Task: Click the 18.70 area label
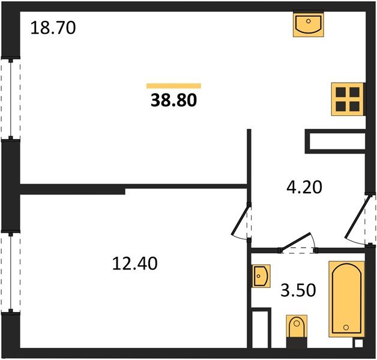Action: click(53, 28)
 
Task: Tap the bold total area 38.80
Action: click(173, 100)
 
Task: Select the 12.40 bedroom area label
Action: click(135, 263)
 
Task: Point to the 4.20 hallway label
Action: click(304, 187)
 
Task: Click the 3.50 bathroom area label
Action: click(298, 290)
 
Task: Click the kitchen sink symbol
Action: click(309, 24)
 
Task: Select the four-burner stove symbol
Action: click(348, 99)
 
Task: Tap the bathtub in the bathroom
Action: click(346, 299)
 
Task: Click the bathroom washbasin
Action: click(261, 276)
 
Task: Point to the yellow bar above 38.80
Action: click(173, 86)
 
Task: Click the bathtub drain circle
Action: click(346, 327)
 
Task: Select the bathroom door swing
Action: click(298, 243)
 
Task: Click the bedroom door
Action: click(241, 221)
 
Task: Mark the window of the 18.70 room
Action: click(11, 98)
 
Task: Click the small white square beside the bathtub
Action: click(359, 343)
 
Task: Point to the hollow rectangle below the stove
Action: click(336, 142)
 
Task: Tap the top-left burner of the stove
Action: click(341, 92)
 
